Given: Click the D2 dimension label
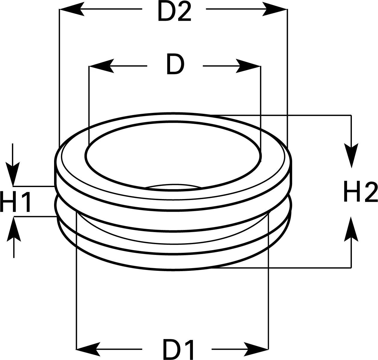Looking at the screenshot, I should coord(174,12).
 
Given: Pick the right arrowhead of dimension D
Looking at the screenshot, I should coord(248,66).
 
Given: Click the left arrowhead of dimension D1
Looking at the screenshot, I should coord(89,349).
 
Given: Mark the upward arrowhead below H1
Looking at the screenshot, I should coord(14,228).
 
